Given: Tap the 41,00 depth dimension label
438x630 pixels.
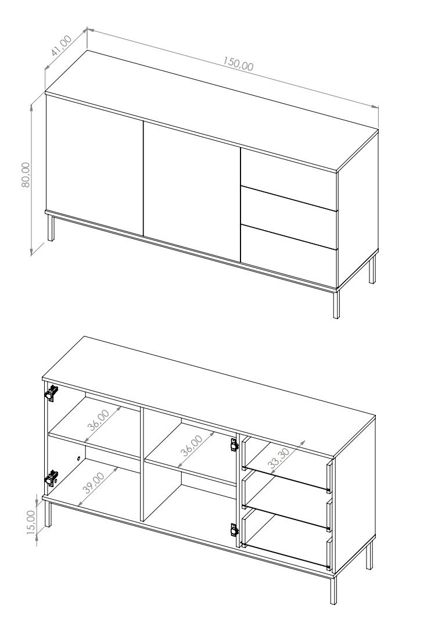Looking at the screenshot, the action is click(61, 45).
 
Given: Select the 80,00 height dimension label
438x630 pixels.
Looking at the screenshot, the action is click(26, 174).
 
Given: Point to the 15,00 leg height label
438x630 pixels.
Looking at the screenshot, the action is click(31, 522).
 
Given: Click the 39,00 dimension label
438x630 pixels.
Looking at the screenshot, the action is click(93, 483).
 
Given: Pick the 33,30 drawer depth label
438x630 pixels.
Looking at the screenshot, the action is click(279, 457).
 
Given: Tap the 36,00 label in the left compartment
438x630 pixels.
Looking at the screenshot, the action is click(98, 420).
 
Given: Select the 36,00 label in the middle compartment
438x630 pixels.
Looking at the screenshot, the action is click(192, 446).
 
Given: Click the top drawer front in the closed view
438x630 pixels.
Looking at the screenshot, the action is click(289, 179).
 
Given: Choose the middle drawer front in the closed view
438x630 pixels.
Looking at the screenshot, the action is click(289, 217).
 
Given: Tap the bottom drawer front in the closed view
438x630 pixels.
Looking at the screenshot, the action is click(289, 255).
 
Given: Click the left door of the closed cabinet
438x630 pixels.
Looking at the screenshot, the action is click(95, 166).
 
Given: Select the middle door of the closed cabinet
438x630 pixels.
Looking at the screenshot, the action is click(192, 191).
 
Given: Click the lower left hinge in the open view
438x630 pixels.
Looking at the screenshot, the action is click(52, 478).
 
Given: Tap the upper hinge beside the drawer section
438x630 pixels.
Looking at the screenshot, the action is click(234, 445).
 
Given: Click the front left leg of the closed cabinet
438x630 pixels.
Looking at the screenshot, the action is click(51, 228).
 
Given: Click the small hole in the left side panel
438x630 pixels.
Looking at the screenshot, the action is click(78, 457).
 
